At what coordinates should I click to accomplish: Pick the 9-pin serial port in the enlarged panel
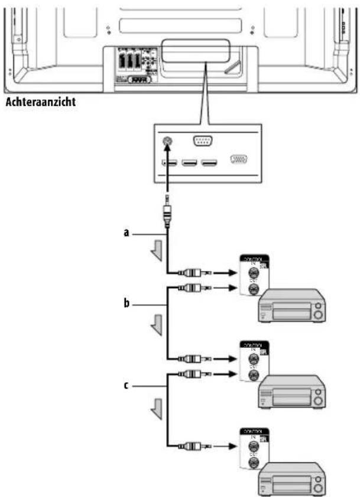click(x=202, y=141)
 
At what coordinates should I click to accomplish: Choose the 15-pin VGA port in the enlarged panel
click(x=239, y=160)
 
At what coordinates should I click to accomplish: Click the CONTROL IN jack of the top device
click(x=254, y=274)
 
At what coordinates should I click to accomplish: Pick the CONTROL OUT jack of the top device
click(x=254, y=289)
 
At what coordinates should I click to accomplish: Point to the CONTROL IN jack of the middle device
click(x=254, y=359)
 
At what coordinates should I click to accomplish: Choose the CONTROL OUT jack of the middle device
click(x=254, y=373)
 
